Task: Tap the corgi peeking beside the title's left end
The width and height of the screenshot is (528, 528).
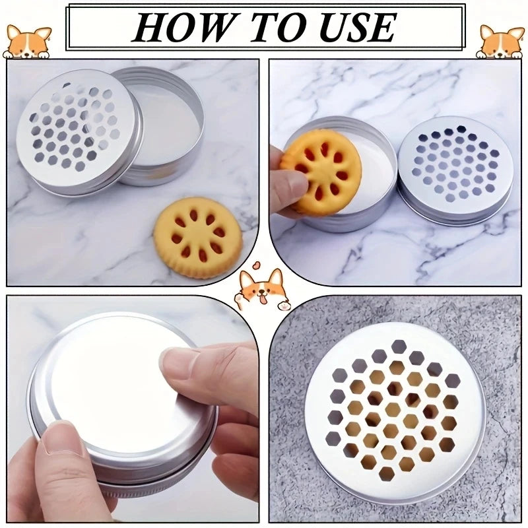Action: coord(27,42)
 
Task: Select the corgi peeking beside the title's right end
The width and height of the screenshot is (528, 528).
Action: coord(500,42)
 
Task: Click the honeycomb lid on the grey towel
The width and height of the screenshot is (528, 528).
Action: coord(395,413)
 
